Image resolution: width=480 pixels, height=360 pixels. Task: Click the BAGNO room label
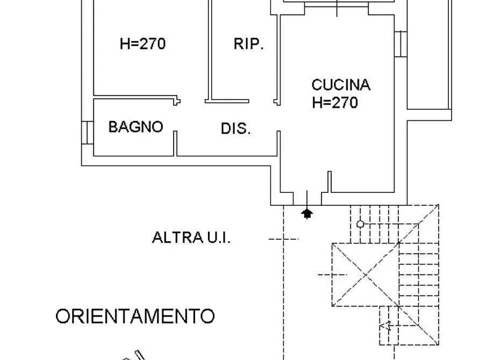point(135,127)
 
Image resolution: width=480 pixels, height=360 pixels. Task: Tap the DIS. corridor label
point(236,129)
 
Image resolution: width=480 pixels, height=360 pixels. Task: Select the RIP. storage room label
point(248,44)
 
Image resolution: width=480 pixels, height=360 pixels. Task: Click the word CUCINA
point(341,85)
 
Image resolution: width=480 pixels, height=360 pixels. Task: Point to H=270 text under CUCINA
point(335,103)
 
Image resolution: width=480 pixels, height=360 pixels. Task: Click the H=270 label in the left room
point(142,44)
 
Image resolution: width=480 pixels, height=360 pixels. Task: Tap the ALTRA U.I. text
point(191,237)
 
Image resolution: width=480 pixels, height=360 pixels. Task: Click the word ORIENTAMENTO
point(135,316)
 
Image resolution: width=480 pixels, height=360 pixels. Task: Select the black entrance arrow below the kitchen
point(307,214)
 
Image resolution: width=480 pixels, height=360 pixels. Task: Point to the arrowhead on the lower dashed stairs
point(384,325)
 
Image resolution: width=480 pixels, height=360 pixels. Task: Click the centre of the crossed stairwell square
point(366,275)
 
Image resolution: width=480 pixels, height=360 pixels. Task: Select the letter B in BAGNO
point(113,127)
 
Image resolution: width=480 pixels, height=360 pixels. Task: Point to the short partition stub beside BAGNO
point(175,143)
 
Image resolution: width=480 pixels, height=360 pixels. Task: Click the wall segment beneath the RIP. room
point(227,100)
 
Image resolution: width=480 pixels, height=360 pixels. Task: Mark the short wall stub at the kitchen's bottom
point(328,182)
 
